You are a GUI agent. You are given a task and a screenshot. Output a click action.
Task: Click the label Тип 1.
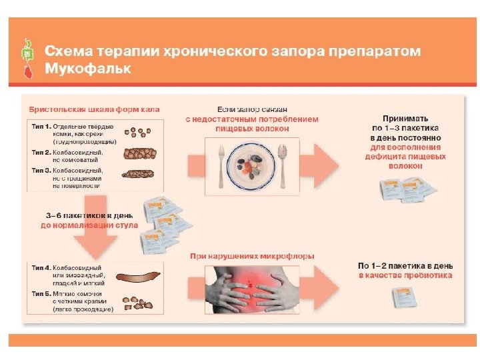(x=41, y=126)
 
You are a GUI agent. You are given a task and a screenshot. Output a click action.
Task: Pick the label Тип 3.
(x=41, y=170)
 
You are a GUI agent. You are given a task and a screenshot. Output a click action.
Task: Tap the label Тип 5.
(x=41, y=293)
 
